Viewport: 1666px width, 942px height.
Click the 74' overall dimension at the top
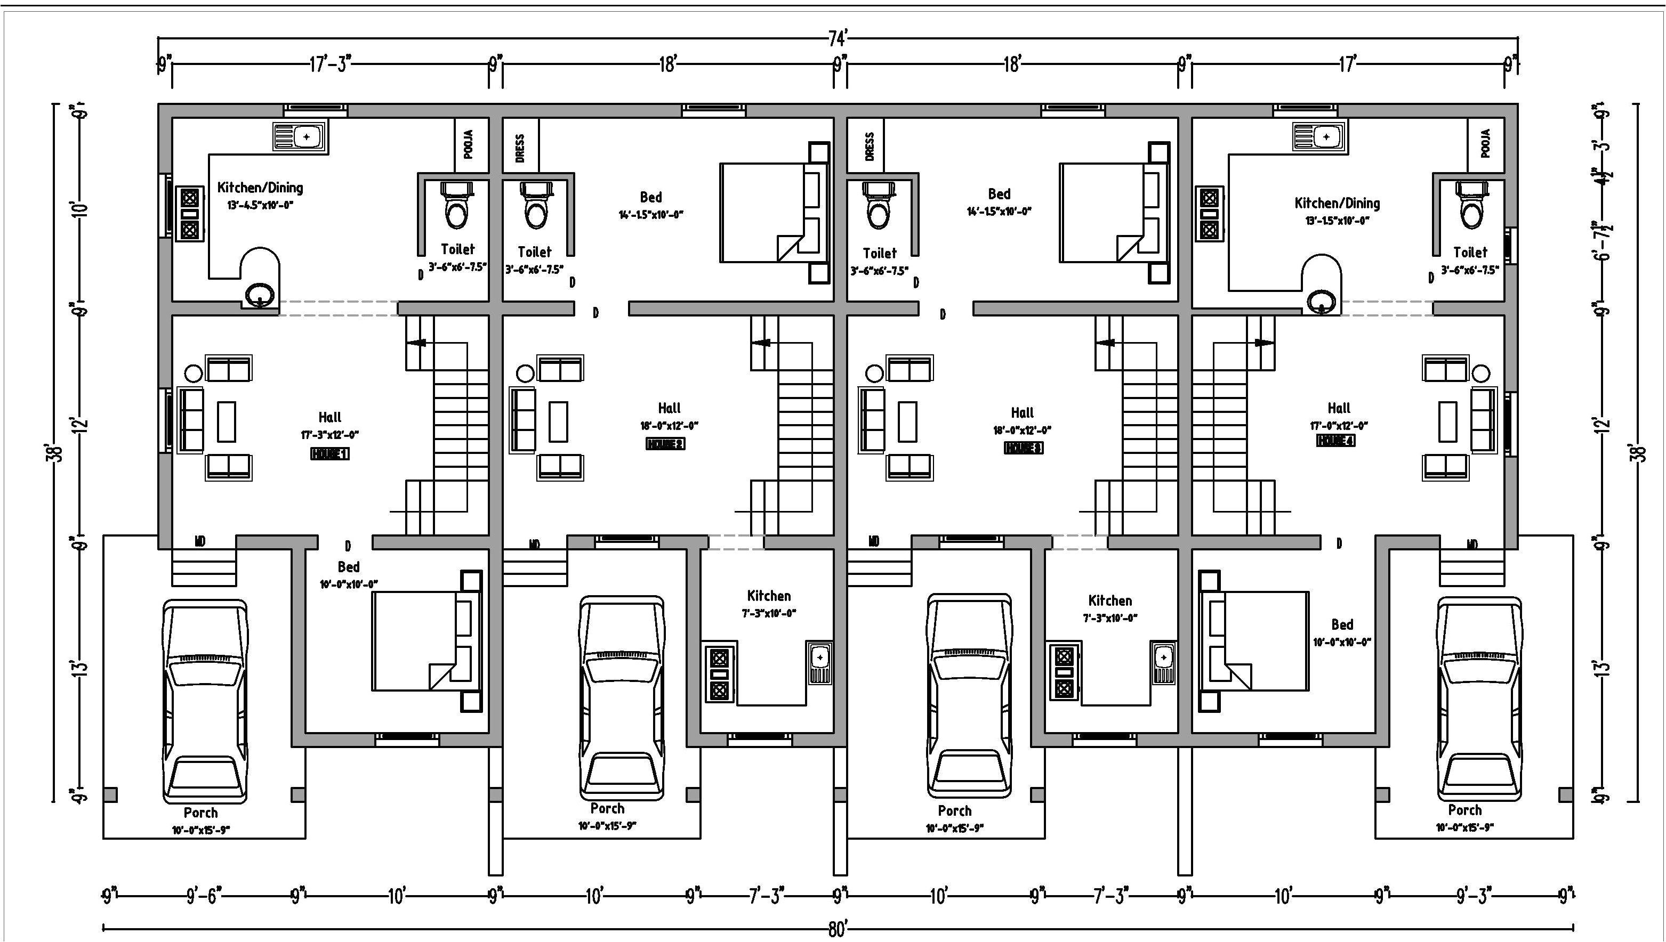(837, 39)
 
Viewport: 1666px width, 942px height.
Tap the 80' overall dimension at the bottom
(837, 930)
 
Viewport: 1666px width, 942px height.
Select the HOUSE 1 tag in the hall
(329, 454)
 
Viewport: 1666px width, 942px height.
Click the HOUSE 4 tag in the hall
(1336, 441)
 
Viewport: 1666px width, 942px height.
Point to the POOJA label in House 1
(469, 144)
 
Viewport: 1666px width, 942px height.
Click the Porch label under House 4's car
(1464, 810)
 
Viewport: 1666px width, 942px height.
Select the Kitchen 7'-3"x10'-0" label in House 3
(1110, 607)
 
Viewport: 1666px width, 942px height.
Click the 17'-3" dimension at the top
(329, 64)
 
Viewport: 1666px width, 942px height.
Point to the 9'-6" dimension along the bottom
(204, 896)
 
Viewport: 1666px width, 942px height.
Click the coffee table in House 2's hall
(559, 422)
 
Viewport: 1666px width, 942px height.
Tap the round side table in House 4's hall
(1481, 373)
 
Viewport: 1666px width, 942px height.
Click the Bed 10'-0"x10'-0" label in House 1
(348, 574)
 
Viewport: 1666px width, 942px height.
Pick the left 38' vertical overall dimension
(58, 452)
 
